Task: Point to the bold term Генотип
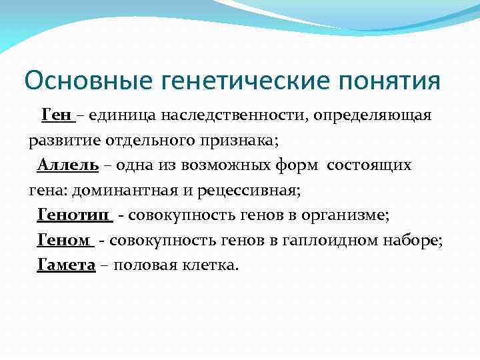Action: coord(74,215)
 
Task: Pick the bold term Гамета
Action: coord(67,265)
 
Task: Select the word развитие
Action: coord(61,141)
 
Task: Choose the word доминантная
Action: coord(125,191)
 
